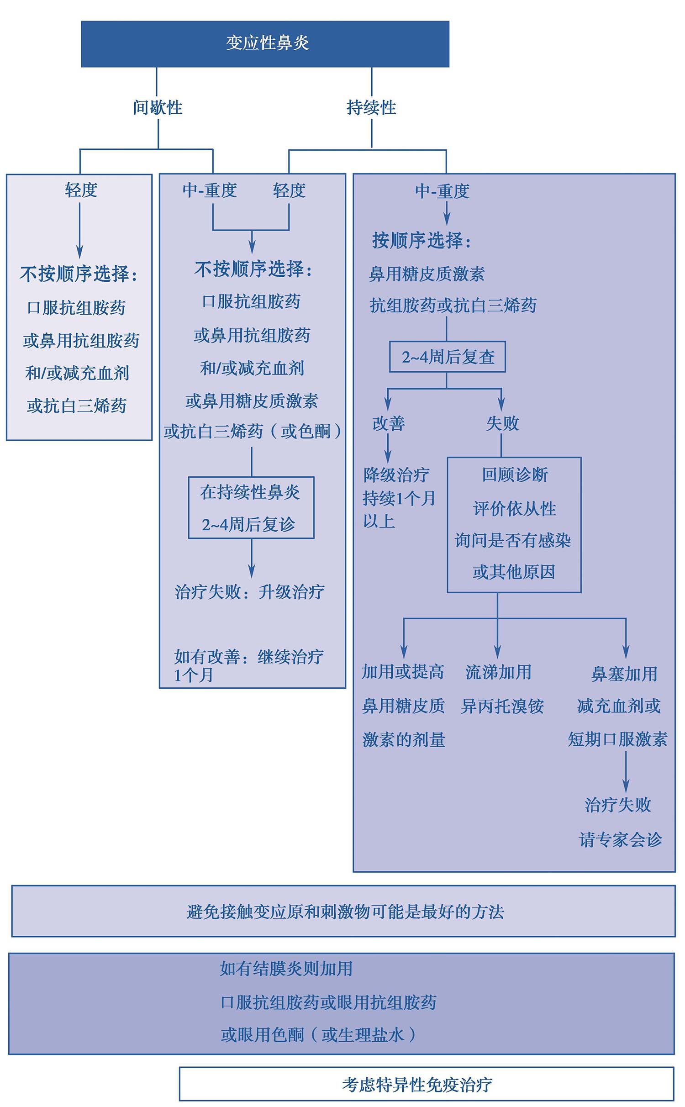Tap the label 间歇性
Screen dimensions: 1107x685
point(158,108)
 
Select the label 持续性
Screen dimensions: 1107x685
point(371,108)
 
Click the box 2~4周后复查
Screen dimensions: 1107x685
point(448,357)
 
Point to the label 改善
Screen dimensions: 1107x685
point(388,423)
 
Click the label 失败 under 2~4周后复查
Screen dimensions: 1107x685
point(502,423)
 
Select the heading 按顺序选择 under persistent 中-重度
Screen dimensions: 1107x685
point(421,241)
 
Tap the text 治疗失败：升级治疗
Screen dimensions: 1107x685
point(250,592)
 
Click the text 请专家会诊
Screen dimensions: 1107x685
point(620,839)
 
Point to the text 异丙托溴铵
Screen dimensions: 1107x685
point(502,706)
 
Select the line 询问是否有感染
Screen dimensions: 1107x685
point(513,540)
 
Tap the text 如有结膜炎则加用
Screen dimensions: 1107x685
point(286,969)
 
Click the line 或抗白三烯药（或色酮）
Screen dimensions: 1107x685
point(252,431)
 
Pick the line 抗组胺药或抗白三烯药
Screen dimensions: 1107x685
point(453,306)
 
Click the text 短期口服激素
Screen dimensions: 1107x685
point(617,739)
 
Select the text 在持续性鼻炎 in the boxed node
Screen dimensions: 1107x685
point(250,492)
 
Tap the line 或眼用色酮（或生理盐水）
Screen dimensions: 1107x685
point(318,1034)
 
